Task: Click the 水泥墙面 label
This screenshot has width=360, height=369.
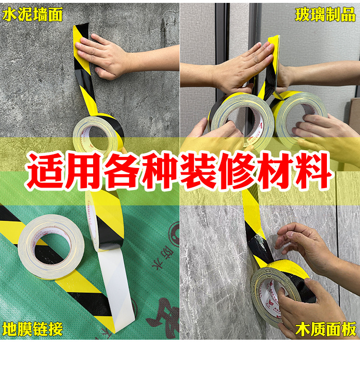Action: [x=33, y=14]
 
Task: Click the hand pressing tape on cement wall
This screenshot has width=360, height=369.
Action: [x=103, y=56]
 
